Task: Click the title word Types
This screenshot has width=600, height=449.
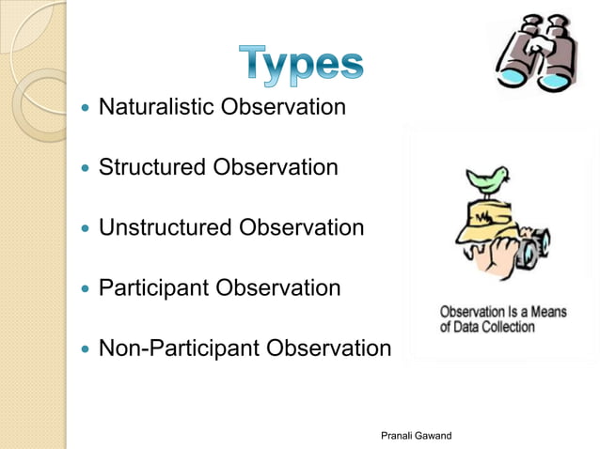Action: (x=299, y=62)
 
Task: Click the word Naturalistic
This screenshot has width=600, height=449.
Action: (x=156, y=107)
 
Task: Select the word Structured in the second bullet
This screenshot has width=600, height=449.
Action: (x=152, y=167)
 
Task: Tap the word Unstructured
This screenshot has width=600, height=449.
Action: (x=166, y=227)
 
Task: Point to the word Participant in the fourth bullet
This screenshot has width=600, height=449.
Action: (x=154, y=287)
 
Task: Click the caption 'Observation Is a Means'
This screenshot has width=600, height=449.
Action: (x=503, y=312)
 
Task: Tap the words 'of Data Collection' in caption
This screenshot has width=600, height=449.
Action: (x=487, y=327)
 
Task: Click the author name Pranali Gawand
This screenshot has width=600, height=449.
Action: (x=416, y=435)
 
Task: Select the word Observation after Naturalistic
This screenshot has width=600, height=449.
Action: (x=283, y=107)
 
